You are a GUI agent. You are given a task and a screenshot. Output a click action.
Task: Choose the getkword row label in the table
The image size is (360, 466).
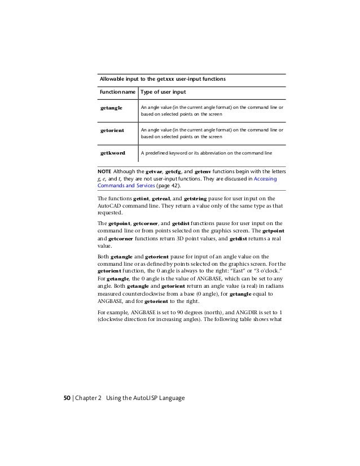pos(112,152)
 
